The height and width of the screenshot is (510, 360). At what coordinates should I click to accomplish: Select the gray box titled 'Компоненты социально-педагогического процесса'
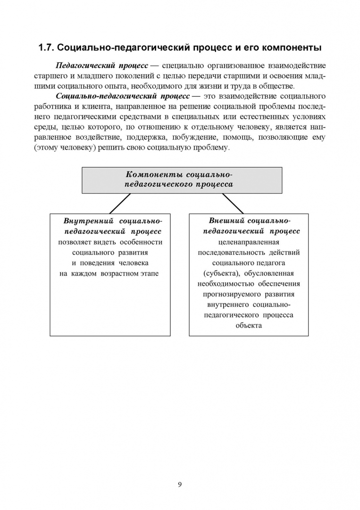point(182,180)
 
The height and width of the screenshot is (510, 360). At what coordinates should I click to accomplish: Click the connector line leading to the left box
point(120,204)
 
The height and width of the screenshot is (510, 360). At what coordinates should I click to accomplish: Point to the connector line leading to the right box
point(232,204)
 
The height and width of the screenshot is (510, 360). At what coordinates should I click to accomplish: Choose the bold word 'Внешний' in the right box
point(226,221)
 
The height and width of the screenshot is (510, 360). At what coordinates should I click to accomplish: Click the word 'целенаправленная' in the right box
point(249,242)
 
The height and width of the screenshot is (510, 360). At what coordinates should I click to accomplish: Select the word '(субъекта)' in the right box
point(222,273)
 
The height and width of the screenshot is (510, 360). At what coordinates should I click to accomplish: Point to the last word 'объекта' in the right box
point(249,326)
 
